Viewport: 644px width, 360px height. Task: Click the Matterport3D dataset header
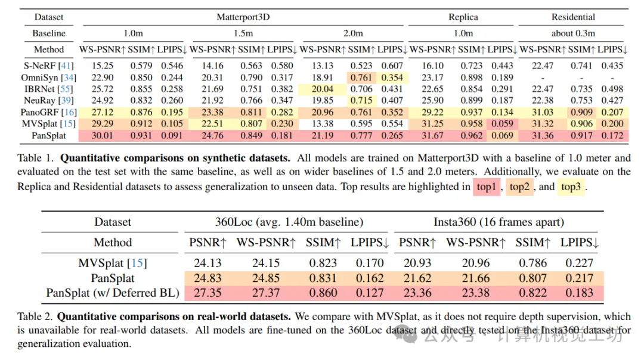click(x=243, y=17)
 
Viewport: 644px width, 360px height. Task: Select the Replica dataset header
click(x=463, y=17)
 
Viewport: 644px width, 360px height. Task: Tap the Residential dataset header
click(x=573, y=17)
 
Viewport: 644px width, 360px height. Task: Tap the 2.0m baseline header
click(x=353, y=33)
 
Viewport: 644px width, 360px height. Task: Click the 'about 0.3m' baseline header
click(x=573, y=33)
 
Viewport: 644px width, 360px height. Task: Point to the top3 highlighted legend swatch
click(x=571, y=187)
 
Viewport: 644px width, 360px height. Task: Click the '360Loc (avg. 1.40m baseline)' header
click(x=289, y=222)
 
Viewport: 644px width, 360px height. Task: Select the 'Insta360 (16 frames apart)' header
click(x=498, y=222)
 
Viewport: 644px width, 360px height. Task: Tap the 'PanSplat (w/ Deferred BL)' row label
click(x=113, y=293)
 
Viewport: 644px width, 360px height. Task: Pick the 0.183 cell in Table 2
click(x=579, y=293)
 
